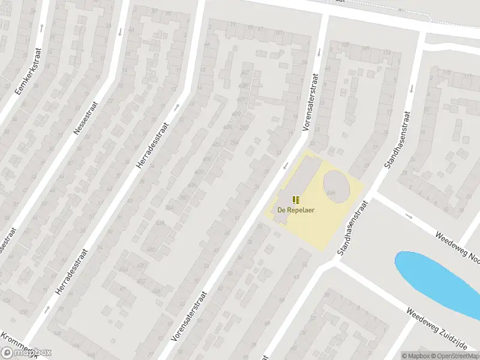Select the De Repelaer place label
(296, 210)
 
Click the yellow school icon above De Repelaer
(296, 199)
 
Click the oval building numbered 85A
(336, 186)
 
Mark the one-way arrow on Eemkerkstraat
(41, 28)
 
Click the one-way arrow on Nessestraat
(120, 31)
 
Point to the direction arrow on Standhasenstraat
(412, 88)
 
